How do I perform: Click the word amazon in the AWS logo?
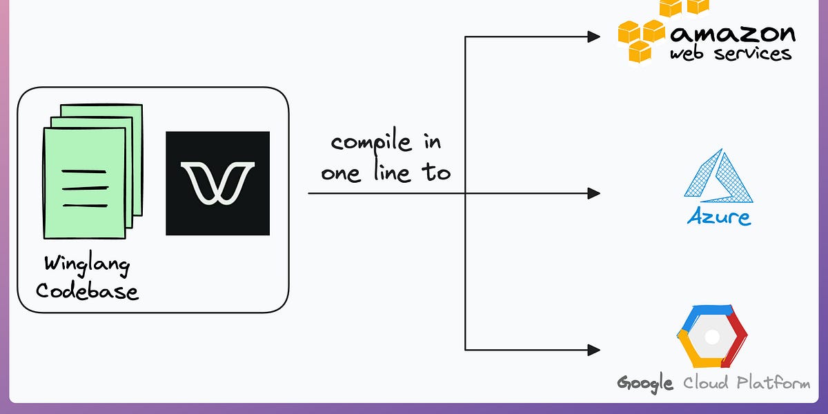733,32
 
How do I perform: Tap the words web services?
730,54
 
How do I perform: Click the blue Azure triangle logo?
718,177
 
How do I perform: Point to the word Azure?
718,217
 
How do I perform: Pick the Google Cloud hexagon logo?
712,336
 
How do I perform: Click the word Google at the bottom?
645,383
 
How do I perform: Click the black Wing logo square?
217,183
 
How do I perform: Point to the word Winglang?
87,264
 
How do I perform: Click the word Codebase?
87,290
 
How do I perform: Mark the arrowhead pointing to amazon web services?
593,37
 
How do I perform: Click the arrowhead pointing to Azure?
593,193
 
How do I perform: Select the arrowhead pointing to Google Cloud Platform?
593,350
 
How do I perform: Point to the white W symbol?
217,183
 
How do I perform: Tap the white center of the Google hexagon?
712,337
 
